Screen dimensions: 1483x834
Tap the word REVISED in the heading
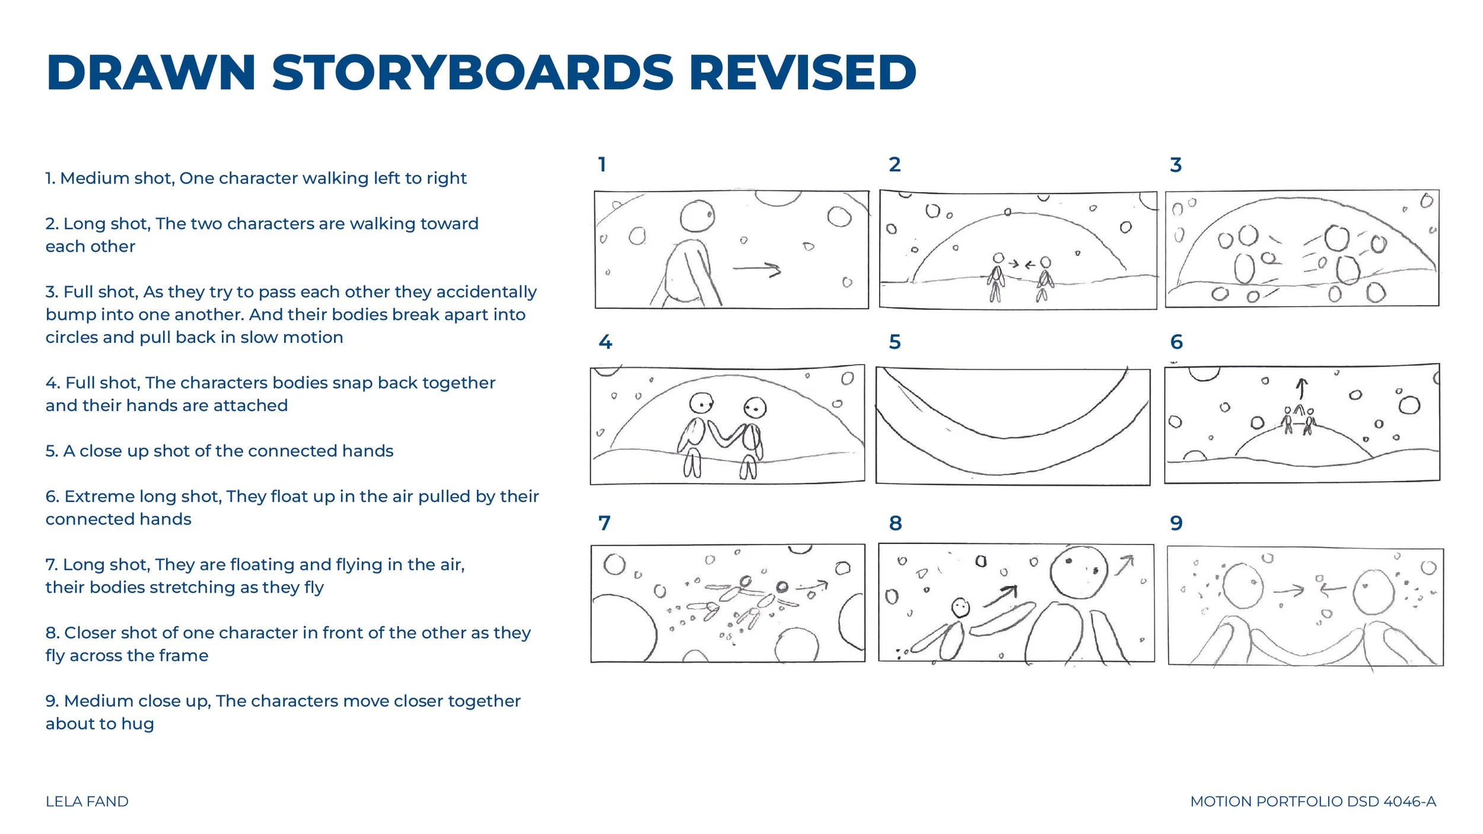click(x=803, y=72)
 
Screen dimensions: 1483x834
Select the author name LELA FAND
click(x=87, y=801)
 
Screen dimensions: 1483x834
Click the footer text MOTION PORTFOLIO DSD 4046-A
click(x=1313, y=801)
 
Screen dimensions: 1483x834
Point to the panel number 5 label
click(x=895, y=342)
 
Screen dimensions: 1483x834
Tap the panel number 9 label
click(x=1176, y=523)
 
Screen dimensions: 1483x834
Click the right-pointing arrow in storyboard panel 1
click(x=757, y=269)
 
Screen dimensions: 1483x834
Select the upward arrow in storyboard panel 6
click(x=1301, y=389)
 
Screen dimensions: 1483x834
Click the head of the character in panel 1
click(x=697, y=216)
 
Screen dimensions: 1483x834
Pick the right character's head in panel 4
click(x=755, y=408)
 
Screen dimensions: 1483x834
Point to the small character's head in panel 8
click(x=960, y=607)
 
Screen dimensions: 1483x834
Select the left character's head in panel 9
click(x=1243, y=585)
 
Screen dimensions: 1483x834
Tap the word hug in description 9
click(x=138, y=724)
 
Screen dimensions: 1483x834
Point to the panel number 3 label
click(x=1176, y=164)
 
